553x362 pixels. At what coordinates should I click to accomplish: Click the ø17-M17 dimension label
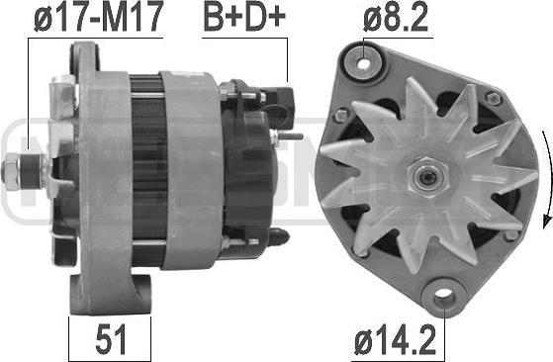click(99, 17)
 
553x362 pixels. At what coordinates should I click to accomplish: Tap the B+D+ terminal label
click(244, 16)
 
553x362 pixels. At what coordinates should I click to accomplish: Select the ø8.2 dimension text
click(396, 17)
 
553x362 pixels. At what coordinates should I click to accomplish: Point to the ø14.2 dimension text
click(396, 340)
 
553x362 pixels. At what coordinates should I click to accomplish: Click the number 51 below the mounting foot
click(111, 339)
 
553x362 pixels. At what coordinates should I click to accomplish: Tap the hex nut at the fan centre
click(427, 177)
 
